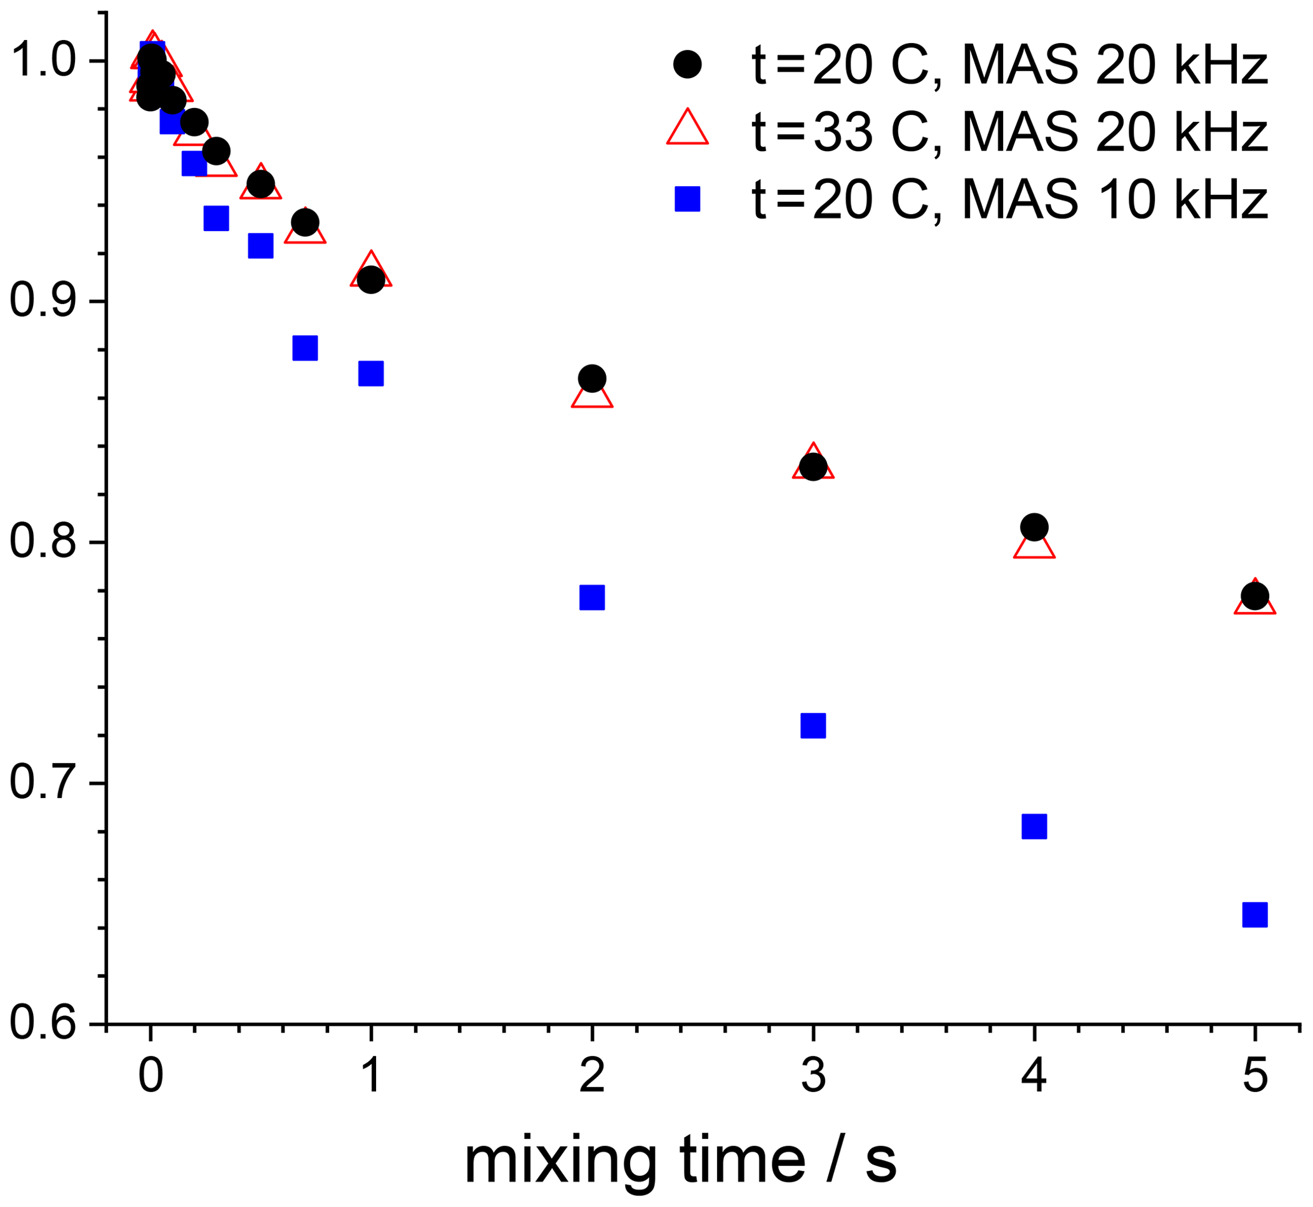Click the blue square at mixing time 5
click(x=1254, y=914)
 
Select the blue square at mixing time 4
click(x=1034, y=826)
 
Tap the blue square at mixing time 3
click(x=812, y=725)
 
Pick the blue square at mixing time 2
click(x=591, y=597)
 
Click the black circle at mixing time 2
click(x=591, y=378)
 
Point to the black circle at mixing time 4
click(x=1034, y=526)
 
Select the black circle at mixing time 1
click(x=370, y=279)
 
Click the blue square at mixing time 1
click(x=370, y=373)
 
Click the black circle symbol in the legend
click(x=687, y=65)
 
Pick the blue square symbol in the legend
click(x=687, y=199)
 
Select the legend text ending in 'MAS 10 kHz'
click(x=1009, y=199)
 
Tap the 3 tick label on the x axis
click(x=812, y=1076)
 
